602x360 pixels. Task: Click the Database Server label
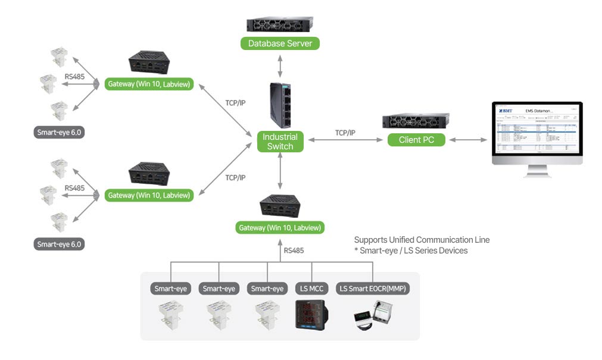(x=280, y=43)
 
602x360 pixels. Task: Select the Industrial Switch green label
(x=280, y=142)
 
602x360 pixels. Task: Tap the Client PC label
(x=416, y=140)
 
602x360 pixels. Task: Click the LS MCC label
(x=311, y=289)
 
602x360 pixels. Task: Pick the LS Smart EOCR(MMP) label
(x=373, y=289)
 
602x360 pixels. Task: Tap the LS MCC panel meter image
(x=311, y=314)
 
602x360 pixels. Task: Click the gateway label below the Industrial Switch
(x=280, y=227)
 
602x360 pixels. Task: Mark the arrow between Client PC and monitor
(x=469, y=140)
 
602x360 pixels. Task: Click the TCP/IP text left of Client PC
(x=345, y=133)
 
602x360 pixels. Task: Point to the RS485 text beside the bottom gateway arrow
(x=294, y=251)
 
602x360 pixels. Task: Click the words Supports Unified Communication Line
(x=422, y=239)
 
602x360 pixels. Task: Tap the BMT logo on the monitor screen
(x=506, y=109)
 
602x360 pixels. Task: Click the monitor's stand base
(x=536, y=174)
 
